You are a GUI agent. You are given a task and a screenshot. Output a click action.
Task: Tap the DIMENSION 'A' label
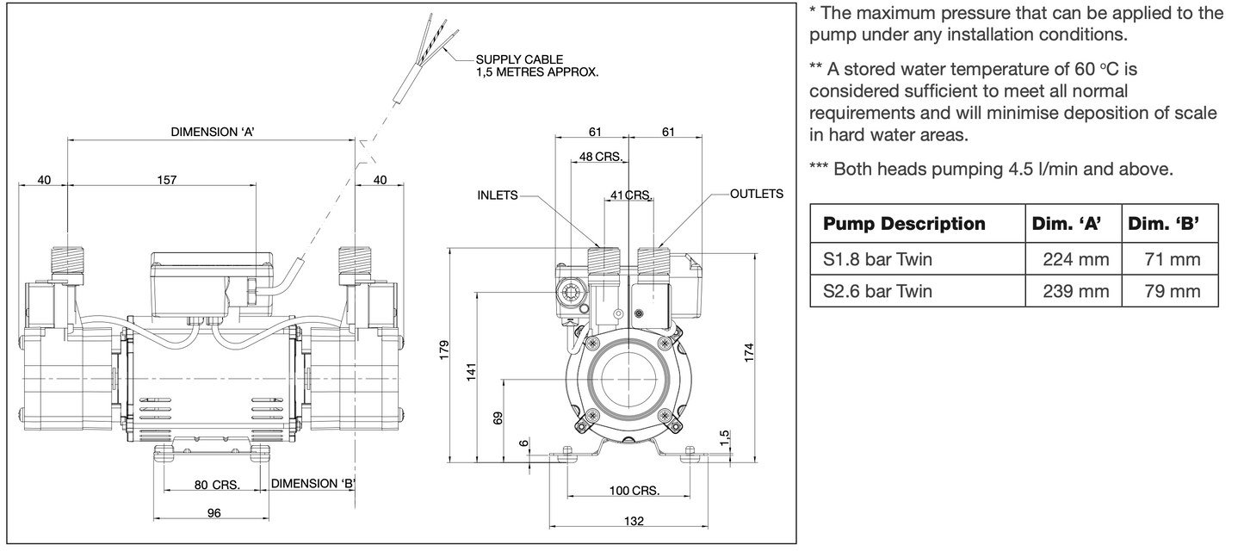click(x=213, y=132)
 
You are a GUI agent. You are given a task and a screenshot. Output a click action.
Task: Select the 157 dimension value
click(x=167, y=180)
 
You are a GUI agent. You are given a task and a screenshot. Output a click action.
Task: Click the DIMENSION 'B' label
click(x=313, y=483)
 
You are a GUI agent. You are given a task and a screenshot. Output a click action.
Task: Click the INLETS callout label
click(x=498, y=195)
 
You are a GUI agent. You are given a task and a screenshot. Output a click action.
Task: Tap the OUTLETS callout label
click(x=757, y=194)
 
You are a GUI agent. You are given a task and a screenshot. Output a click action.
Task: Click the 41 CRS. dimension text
click(x=631, y=195)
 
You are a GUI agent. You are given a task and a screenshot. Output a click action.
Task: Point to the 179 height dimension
click(x=444, y=352)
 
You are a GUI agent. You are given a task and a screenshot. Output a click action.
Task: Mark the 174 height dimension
click(x=750, y=352)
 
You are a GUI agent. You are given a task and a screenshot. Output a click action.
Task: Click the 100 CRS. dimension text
click(x=634, y=492)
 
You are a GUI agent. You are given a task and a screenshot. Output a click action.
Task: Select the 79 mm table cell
click(x=1172, y=291)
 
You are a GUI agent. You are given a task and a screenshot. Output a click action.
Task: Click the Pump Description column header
click(x=905, y=224)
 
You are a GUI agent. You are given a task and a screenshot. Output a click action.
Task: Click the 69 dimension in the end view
click(x=498, y=418)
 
